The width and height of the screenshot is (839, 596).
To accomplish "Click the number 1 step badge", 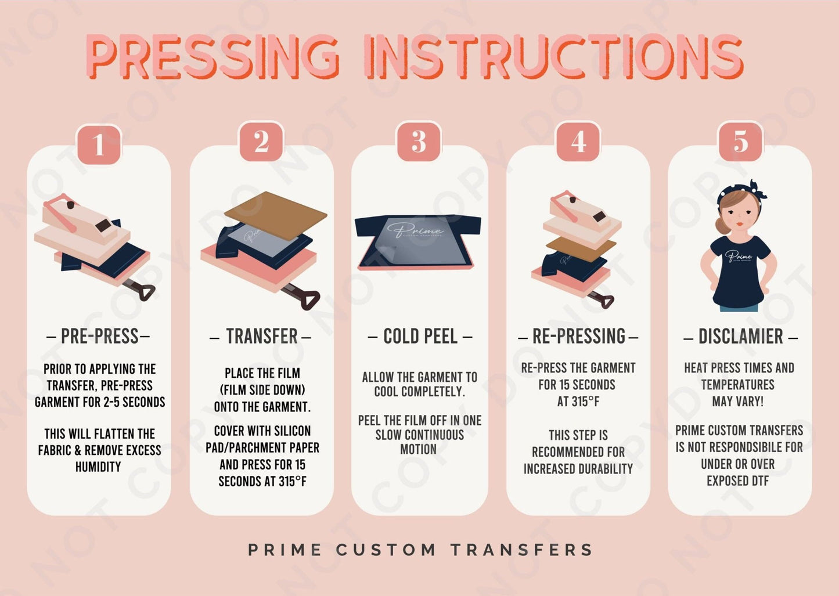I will [99, 143].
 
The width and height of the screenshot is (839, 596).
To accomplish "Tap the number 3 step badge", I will [419, 142].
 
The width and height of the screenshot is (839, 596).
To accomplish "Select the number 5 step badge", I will [740, 142].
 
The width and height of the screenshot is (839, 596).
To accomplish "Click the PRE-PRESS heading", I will [99, 336].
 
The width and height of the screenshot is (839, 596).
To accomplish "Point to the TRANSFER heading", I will [261, 336].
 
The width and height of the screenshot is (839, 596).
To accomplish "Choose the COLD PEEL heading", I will [420, 336].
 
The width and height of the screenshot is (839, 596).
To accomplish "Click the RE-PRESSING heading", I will [578, 336].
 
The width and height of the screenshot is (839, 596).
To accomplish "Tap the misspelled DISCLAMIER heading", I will [740, 336].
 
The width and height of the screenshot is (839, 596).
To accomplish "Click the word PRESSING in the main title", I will [213, 56].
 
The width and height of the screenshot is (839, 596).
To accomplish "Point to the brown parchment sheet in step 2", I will [275, 215].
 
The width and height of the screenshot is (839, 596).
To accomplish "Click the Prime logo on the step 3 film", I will [415, 231].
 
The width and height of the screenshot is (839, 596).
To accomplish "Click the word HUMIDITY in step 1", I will [98, 467].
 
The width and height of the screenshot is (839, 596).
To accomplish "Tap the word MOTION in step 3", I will [418, 449].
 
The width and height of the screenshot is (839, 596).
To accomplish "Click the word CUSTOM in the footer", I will [386, 550].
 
